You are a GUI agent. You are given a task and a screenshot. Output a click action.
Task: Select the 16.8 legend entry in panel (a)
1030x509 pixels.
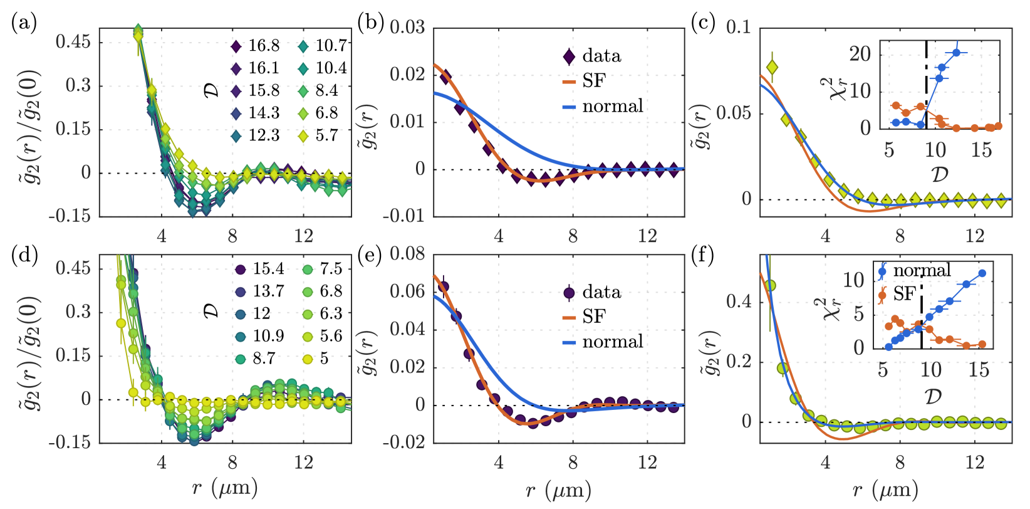point(264,46)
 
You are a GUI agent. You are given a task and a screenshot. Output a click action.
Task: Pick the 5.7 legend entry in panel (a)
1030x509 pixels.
point(326,135)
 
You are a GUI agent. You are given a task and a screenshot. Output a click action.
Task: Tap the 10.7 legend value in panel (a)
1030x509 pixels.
point(331,46)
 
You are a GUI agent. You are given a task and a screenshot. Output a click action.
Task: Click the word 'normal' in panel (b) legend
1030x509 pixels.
point(613,106)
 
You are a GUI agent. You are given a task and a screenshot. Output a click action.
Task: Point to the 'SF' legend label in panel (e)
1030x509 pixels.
point(594,317)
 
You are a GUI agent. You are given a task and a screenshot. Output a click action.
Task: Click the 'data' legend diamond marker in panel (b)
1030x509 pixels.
point(568,56)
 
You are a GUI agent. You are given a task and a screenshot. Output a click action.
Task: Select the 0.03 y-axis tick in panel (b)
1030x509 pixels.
point(408,28)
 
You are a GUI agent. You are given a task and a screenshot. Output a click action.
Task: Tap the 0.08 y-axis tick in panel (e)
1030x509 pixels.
point(408,255)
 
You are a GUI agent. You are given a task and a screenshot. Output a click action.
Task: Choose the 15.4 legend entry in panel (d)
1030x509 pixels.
point(268,269)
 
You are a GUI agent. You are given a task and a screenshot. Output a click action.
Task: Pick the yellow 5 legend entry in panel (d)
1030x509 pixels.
point(324,359)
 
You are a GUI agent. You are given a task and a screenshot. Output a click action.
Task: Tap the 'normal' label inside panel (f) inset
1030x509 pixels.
point(922,270)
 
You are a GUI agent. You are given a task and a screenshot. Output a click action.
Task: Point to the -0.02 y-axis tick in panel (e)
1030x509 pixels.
point(405,442)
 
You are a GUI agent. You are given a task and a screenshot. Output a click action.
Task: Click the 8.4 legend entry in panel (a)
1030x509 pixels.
point(326,91)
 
